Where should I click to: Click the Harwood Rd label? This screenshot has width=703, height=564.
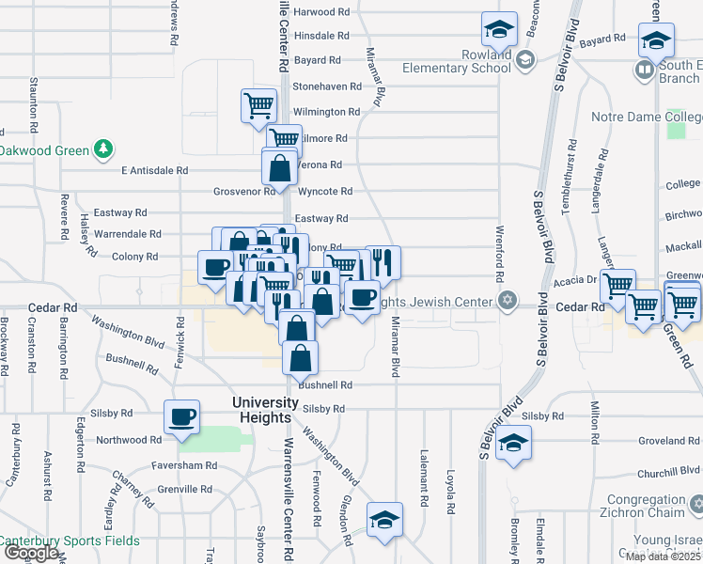[x=321, y=12]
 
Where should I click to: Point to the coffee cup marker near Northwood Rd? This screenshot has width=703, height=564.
[x=182, y=416]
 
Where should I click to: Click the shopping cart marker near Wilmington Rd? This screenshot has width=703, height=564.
[x=258, y=105]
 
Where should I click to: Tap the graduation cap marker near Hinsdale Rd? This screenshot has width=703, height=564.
[x=500, y=30]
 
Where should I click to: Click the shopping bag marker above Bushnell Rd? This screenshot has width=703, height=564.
[x=300, y=358]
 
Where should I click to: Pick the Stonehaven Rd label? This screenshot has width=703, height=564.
[x=327, y=86]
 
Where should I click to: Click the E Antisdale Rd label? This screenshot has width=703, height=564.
[x=155, y=171]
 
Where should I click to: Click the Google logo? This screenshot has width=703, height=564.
[x=31, y=553]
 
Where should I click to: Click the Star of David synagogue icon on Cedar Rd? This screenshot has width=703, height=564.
[x=508, y=301]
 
